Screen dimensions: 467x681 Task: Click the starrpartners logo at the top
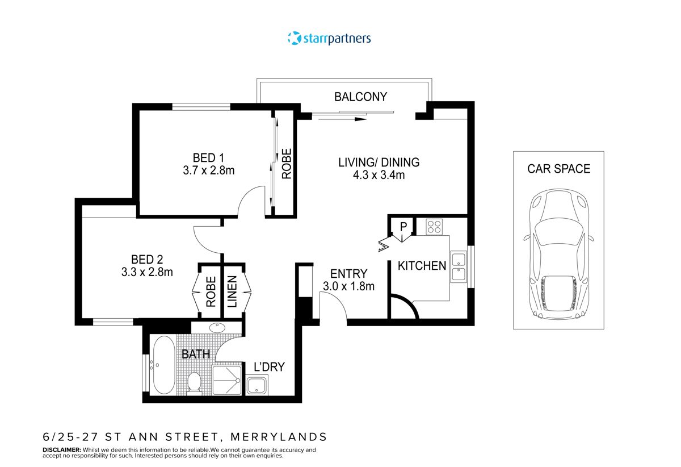pos(329,39)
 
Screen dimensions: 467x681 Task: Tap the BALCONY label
pos(360,97)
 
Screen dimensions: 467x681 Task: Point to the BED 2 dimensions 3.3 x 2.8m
pos(147,272)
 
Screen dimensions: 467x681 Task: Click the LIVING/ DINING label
pos(379,162)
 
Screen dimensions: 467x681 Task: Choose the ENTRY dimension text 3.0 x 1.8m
pos(348,286)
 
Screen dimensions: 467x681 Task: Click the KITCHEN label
pos(422,265)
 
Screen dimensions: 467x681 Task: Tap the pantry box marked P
pos(403,227)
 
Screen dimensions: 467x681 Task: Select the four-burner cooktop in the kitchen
pos(435,227)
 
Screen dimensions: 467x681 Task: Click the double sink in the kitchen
pos(459,268)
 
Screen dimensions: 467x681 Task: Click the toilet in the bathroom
pos(195,381)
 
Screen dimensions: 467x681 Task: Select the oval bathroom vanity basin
pos(216,327)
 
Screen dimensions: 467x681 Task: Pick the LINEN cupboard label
pos(232,291)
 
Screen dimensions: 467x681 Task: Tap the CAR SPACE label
pos(558,169)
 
